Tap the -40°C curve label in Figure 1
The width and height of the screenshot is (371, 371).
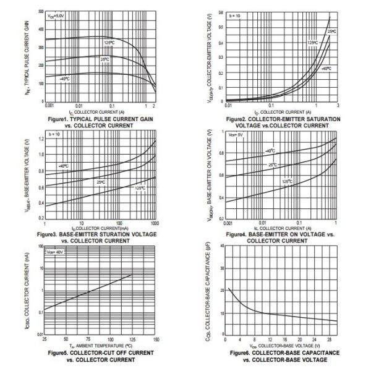65,79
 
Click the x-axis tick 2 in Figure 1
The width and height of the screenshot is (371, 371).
154,106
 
